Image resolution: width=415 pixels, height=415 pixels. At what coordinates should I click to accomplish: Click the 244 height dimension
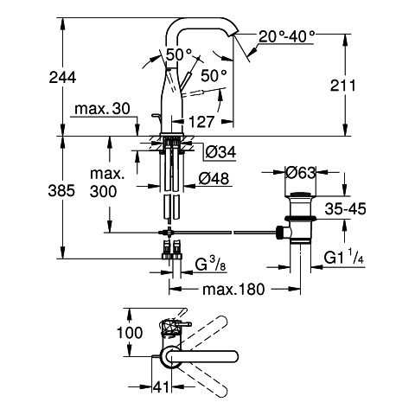click(x=62, y=78)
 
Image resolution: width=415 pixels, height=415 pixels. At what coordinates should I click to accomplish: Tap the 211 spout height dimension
click(x=343, y=86)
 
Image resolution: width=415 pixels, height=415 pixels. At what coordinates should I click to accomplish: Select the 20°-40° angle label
click(x=287, y=36)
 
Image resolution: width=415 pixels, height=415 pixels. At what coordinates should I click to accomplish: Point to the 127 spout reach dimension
click(x=201, y=122)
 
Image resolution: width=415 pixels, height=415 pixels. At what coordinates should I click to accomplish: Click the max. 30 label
click(x=102, y=109)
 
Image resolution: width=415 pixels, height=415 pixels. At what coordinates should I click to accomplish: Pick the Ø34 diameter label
click(x=220, y=152)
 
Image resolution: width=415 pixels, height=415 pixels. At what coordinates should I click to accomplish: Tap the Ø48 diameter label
click(x=214, y=179)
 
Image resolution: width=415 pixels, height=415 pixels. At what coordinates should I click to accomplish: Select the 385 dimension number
click(x=61, y=190)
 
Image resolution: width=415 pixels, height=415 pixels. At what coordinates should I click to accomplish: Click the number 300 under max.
click(x=103, y=191)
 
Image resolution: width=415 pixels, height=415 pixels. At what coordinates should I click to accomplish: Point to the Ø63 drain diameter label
click(x=301, y=173)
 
